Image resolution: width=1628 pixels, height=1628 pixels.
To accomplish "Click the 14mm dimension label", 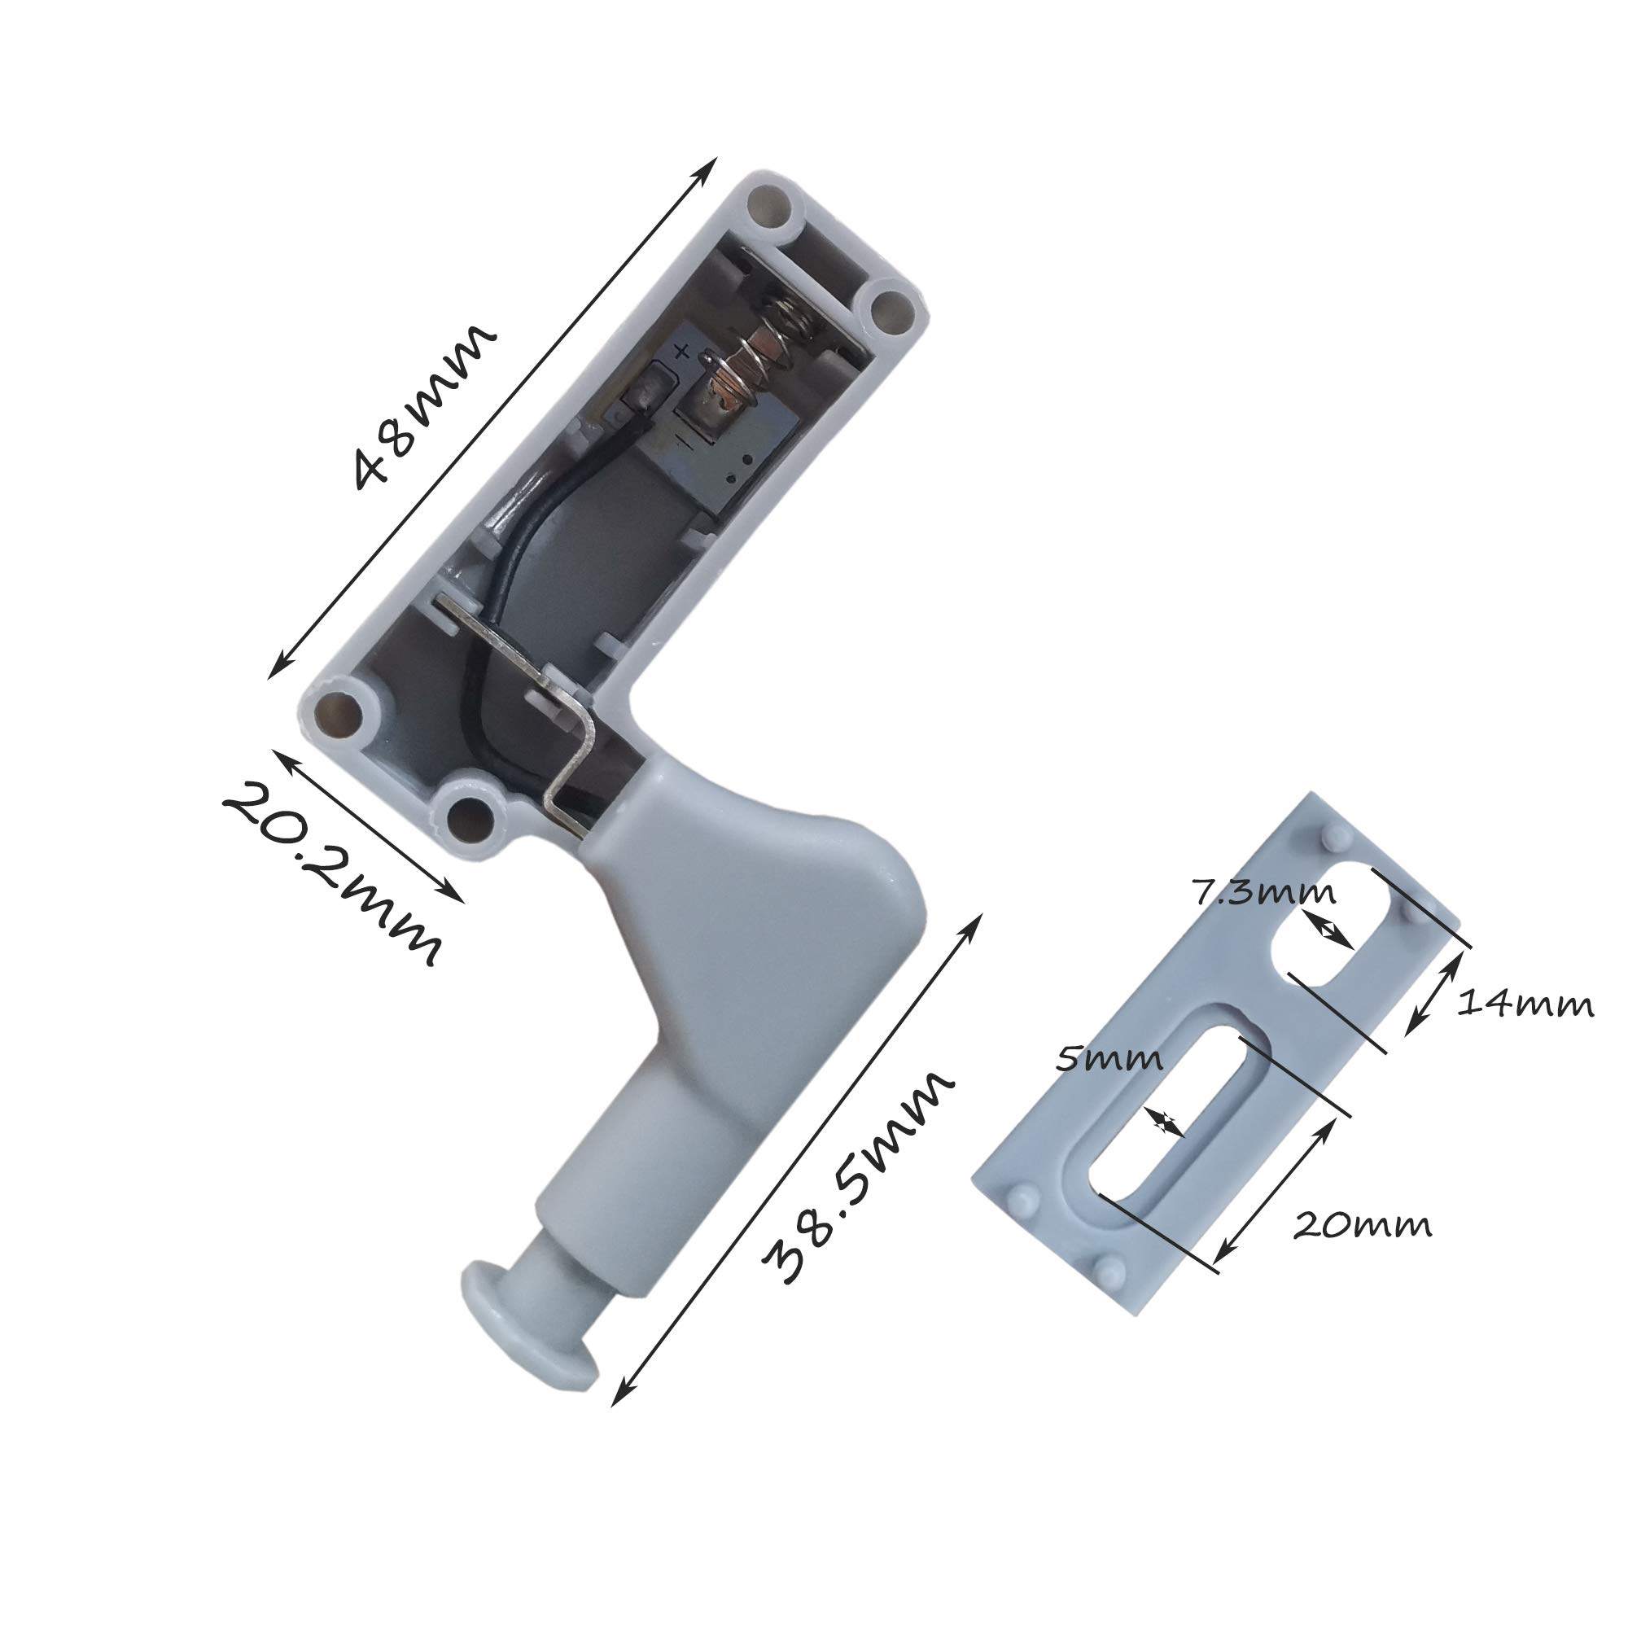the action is tap(1525, 1004).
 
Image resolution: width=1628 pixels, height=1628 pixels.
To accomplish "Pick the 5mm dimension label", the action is tap(1109, 1057).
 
